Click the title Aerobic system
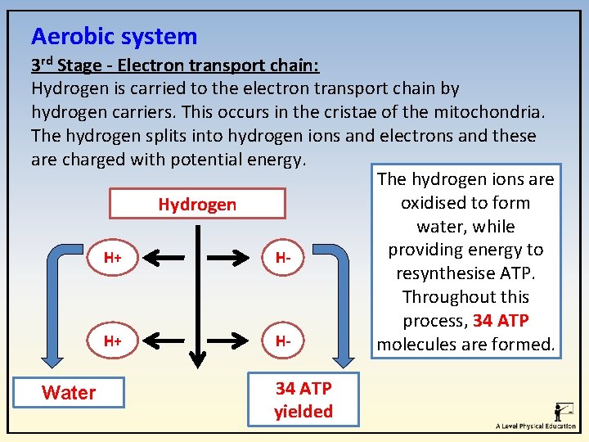click(x=114, y=36)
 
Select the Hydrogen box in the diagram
click(x=197, y=205)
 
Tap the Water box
click(x=69, y=393)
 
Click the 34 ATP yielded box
click(x=303, y=400)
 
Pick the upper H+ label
click(x=113, y=259)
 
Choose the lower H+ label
click(x=113, y=340)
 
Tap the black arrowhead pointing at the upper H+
click(x=144, y=259)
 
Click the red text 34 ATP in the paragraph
click(x=501, y=321)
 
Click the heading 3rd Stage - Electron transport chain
click(x=175, y=64)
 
